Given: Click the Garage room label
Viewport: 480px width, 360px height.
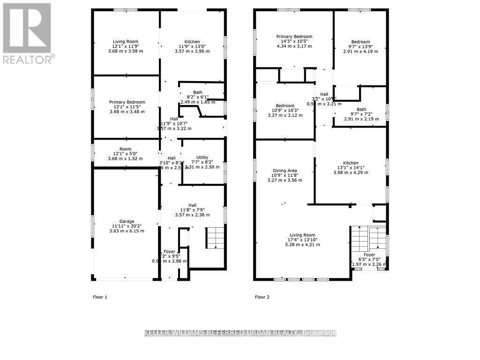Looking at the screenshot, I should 127,221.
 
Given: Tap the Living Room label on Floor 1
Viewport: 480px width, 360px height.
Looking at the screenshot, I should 126,42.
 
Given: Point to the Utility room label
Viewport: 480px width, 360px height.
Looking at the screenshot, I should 202,157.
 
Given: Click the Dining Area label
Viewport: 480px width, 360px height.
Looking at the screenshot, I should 285,171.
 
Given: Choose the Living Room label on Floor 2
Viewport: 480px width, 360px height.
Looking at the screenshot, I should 302,235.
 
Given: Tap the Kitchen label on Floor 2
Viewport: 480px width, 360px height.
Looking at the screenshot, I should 351,163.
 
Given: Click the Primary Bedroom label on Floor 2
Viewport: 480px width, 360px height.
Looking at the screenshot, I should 294,37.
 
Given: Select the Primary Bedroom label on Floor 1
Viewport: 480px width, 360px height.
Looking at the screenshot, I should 127,102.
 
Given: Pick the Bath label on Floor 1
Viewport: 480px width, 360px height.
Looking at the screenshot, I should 198,92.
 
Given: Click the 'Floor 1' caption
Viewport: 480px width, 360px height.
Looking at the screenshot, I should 99,297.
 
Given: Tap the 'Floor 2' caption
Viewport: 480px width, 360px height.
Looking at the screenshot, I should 262,297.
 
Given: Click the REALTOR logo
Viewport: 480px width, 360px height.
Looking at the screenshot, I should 27,33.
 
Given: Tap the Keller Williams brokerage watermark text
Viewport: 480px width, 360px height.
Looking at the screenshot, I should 240,333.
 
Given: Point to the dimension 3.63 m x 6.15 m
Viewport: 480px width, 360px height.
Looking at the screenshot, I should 127,231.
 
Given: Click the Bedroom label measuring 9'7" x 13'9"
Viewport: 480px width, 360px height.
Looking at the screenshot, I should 360,42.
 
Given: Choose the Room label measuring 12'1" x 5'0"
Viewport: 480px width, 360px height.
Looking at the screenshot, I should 125,149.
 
